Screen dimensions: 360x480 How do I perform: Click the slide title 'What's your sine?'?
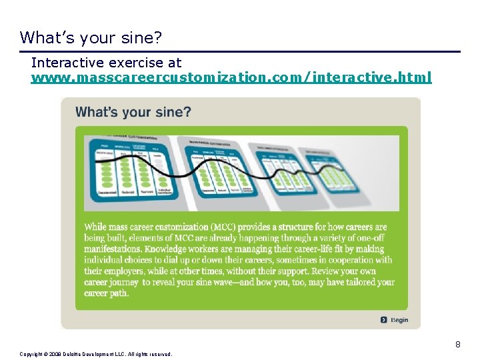(91, 37)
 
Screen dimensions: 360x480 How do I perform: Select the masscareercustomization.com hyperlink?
(231, 78)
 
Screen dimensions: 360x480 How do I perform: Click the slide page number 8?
(458, 345)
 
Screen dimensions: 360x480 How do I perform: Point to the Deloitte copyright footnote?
(96, 354)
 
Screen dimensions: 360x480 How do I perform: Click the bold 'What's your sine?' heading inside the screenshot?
(133, 112)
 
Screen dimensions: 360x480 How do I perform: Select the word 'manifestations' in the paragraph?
(114, 249)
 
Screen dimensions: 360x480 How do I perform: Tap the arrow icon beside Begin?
(384, 320)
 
